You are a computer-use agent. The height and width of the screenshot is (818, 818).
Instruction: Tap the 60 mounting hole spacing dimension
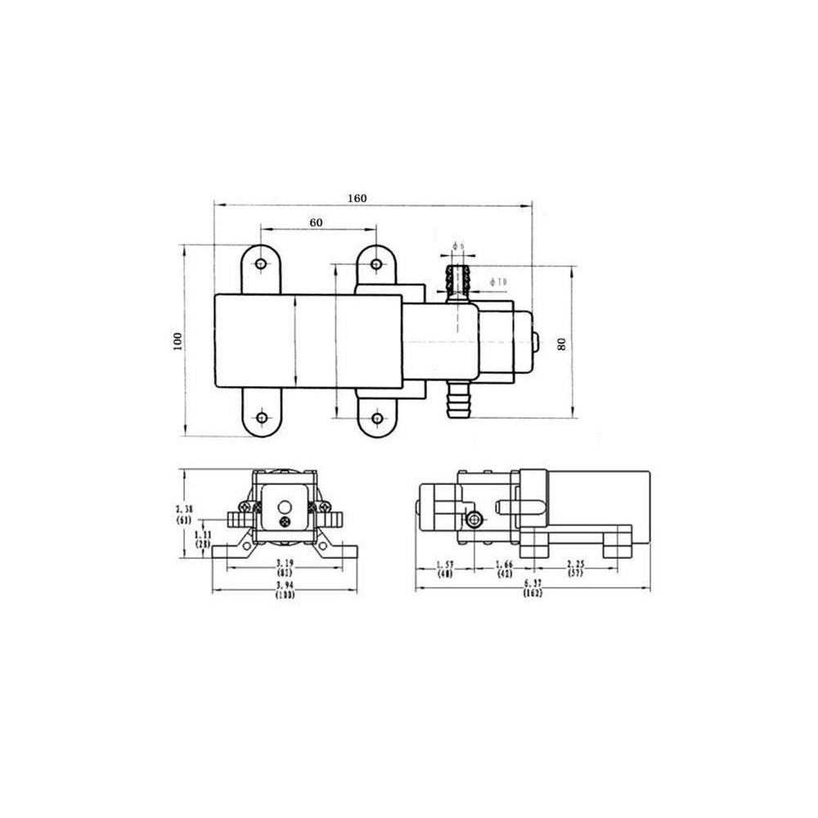point(316,222)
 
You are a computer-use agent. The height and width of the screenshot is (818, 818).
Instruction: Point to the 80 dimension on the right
point(561,344)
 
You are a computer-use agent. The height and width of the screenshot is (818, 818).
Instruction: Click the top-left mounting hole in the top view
point(261,264)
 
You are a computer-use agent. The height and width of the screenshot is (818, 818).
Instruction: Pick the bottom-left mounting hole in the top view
point(261,418)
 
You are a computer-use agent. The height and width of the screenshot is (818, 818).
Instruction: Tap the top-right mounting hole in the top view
point(376,264)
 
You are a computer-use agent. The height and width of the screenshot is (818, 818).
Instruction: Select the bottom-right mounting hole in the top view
point(376,418)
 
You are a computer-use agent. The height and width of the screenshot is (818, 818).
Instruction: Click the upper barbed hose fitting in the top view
point(457,278)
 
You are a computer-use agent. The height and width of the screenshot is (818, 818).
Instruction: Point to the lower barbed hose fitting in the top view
point(457,401)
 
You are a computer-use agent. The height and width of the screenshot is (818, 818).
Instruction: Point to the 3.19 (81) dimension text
point(284,568)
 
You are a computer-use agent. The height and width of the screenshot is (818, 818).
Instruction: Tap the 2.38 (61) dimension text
point(184,513)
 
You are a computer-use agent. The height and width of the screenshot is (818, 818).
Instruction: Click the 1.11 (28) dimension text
point(203,539)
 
